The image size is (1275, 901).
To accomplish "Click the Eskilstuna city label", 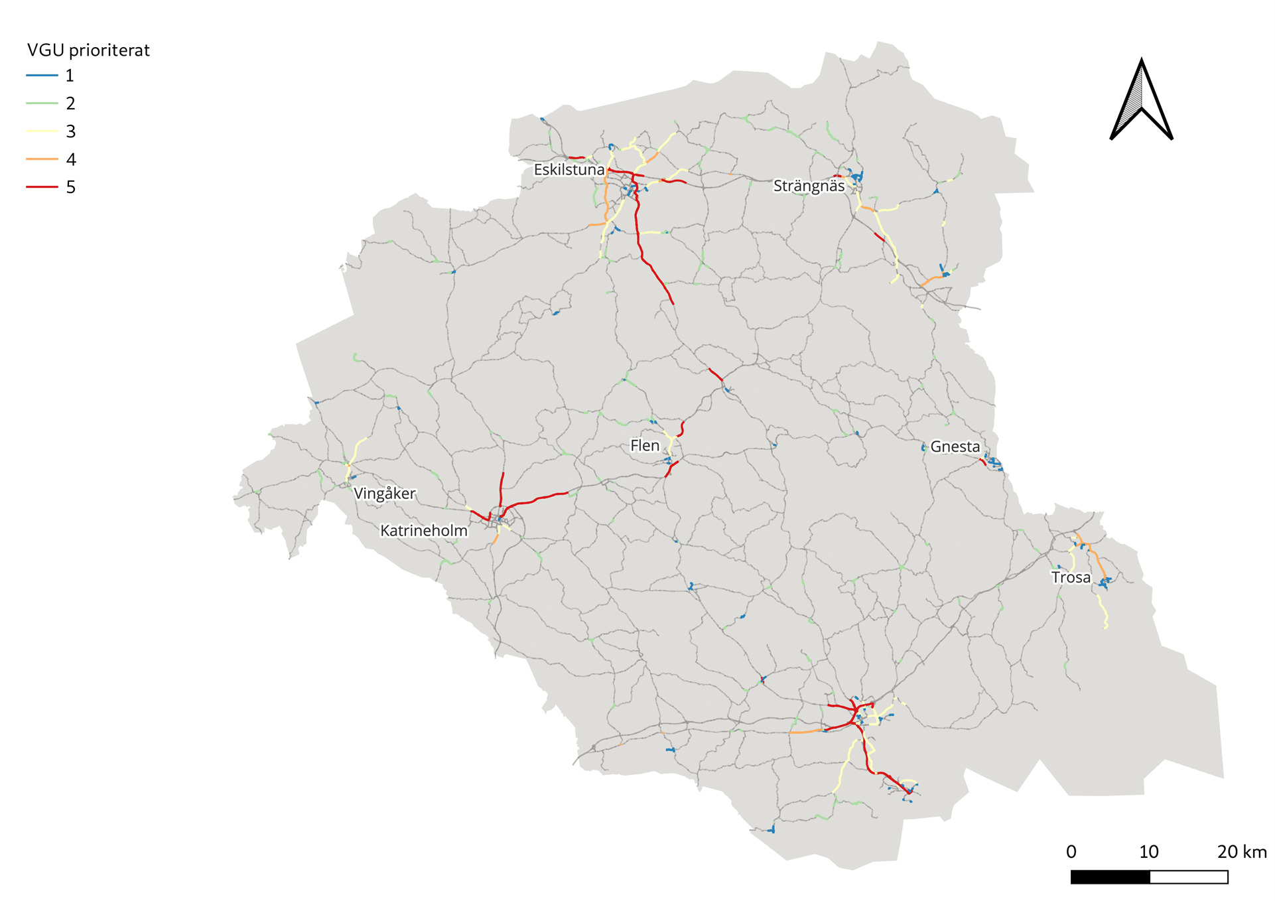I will tap(569, 170).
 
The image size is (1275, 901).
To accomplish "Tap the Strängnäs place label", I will tap(809, 186).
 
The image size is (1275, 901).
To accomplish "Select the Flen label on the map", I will tap(645, 446).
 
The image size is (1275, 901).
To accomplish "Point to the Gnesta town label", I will tap(955, 447).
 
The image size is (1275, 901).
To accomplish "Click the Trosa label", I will tap(1071, 577).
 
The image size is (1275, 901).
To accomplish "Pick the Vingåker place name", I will tap(384, 494).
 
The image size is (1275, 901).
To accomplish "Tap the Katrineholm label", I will tap(423, 531).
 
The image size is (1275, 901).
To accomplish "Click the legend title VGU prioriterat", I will tap(88, 50).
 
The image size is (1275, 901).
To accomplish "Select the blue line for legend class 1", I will tap(42, 76).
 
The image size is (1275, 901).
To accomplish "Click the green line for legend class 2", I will tap(42, 104).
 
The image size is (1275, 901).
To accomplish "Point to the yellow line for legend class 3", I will tap(42, 131).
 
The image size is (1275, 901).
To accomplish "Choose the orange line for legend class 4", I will tap(42, 159).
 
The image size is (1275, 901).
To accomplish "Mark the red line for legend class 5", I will tap(42, 187).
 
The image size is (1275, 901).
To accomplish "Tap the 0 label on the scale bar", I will tap(1071, 852).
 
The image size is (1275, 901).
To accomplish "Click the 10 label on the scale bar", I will tap(1149, 852).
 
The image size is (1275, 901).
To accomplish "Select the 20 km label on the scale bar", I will tap(1241, 852).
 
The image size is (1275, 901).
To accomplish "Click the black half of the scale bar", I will tap(1110, 877).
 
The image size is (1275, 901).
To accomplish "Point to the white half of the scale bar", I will tap(1188, 877).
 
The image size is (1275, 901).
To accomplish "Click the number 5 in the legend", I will tap(71, 187).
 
